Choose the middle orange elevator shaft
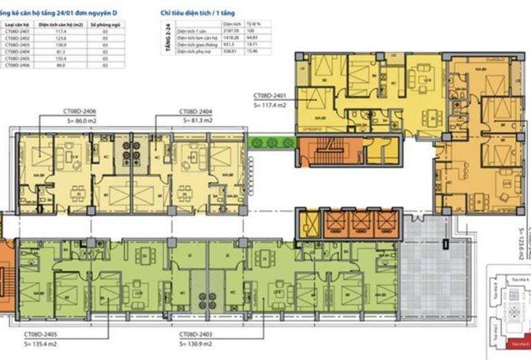click(x=361, y=224)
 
